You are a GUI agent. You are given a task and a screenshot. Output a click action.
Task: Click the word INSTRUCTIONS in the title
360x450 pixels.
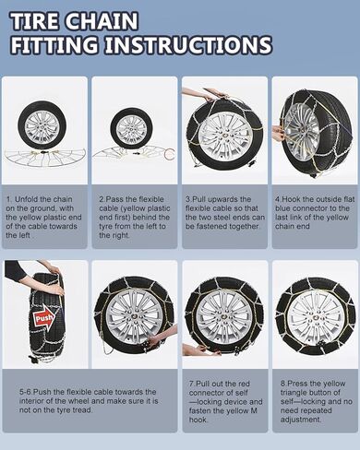point(188,45)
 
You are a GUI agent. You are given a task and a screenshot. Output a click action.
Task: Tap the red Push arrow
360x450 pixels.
point(44,317)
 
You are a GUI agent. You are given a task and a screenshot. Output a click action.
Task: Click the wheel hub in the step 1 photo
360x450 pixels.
point(42,126)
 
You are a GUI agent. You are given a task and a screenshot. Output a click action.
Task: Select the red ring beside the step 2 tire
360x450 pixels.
point(170,153)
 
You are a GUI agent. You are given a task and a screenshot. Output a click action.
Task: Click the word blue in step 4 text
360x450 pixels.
point(282,208)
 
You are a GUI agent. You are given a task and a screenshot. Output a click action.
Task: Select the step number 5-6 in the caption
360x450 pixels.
point(26,392)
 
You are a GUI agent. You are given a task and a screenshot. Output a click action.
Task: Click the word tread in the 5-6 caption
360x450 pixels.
point(82,410)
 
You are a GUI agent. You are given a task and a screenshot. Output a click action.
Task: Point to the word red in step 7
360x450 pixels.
point(244,384)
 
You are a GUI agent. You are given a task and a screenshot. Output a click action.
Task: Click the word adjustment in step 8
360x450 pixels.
point(301,420)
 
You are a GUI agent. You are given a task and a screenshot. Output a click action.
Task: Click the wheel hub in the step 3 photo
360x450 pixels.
point(226,136)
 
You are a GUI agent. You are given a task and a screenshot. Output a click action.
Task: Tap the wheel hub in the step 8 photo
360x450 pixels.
point(314,317)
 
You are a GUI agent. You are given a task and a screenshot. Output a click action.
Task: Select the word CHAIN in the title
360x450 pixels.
point(102,21)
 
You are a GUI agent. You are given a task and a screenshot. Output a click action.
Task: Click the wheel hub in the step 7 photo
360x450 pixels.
point(224,317)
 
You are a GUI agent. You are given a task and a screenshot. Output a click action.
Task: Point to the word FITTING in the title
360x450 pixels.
point(54,45)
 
